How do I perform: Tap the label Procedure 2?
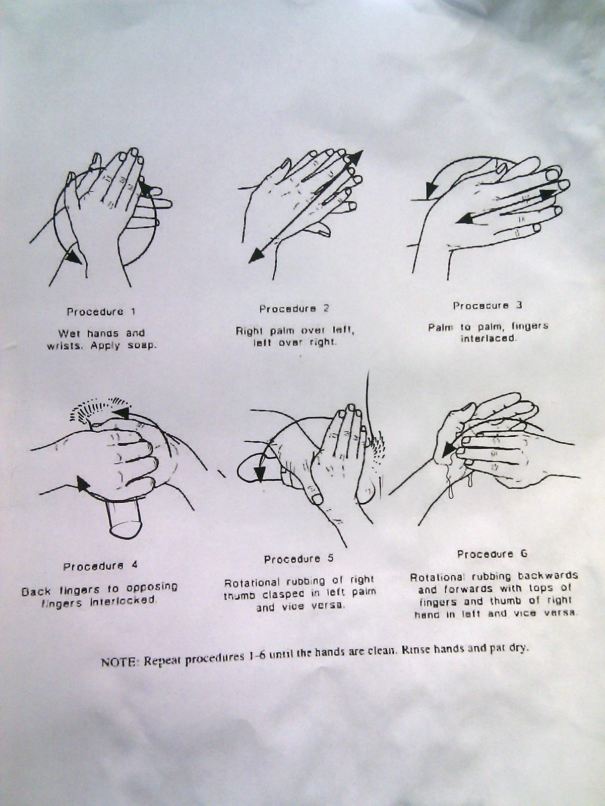click(294, 309)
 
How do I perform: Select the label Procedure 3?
click(487, 305)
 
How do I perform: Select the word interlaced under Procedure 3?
click(489, 338)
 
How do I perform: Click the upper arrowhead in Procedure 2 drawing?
click(354, 158)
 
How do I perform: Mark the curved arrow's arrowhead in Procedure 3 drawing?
click(431, 190)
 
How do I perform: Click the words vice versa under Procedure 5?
click(319, 606)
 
